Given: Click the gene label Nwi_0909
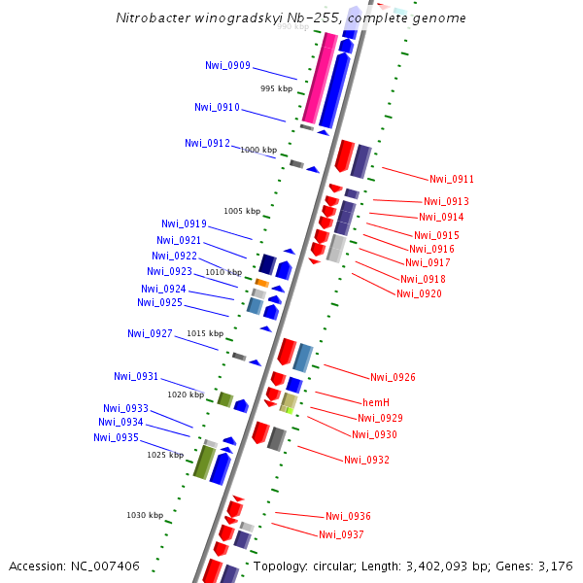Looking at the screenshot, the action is (227, 66).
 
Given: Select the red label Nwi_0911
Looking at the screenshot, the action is (452, 179).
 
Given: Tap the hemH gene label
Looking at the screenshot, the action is (376, 402).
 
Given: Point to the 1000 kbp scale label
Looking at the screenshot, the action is (258, 150).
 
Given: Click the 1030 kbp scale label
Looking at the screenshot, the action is (145, 515).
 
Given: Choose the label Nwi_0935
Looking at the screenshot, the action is (116, 437).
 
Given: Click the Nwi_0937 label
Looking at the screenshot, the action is (341, 534).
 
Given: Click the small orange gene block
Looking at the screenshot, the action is (261, 283).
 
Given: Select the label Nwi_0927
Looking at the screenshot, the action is (150, 333).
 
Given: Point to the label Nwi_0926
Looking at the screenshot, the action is (393, 377).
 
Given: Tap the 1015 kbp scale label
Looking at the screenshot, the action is (205, 333).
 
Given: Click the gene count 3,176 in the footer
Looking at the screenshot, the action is (556, 566).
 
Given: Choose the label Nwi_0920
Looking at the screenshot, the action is (419, 293).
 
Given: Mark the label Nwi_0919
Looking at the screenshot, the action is (184, 223).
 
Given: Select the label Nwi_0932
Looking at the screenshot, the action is (366, 460).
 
